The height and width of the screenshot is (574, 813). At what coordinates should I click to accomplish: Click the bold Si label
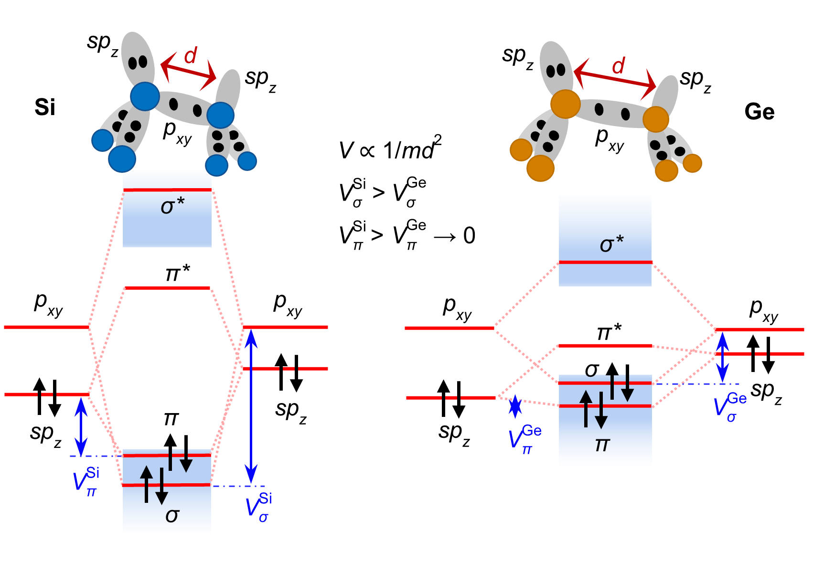(x=45, y=107)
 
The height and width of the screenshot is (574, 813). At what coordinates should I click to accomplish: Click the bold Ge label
(x=759, y=112)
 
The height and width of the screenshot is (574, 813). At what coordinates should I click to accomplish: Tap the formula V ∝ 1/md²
(x=390, y=149)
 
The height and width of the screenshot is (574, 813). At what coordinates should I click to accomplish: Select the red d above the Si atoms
(x=191, y=56)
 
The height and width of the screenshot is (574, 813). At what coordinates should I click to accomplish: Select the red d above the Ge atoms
(x=619, y=66)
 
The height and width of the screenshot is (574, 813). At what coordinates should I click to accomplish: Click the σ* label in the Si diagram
(x=172, y=206)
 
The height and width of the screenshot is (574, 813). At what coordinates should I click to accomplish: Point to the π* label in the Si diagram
(x=177, y=273)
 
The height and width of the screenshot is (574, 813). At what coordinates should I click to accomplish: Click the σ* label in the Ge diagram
(x=611, y=244)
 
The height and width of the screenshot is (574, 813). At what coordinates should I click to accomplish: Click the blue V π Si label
(x=86, y=481)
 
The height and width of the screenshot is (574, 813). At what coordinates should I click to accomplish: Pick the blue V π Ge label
(x=524, y=438)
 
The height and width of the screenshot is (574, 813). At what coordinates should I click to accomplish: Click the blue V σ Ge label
(x=730, y=407)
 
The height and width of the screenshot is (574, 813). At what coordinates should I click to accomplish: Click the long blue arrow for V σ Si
(x=251, y=406)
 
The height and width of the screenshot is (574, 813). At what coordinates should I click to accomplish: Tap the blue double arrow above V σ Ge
(x=723, y=356)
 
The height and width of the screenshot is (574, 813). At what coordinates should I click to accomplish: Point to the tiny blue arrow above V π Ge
(x=515, y=405)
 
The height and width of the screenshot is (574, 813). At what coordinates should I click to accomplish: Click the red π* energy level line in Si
(x=167, y=288)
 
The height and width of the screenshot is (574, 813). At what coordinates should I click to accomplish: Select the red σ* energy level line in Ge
(x=605, y=262)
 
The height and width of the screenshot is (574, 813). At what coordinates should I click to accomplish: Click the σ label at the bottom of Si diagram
(x=172, y=515)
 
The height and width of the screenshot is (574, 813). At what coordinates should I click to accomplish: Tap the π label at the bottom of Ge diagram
(x=602, y=445)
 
